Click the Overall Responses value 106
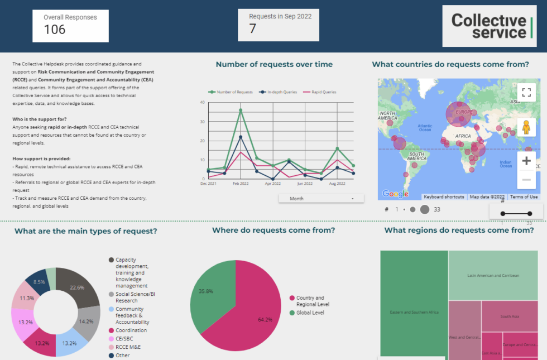pyautogui.click(x=55, y=30)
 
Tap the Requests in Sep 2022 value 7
pyautogui.click(x=253, y=28)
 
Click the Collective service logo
pyautogui.click(x=489, y=26)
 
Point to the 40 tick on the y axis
pyautogui.click(x=202, y=103)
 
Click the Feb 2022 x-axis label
pyautogui.click(x=241, y=183)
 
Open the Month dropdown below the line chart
pyautogui.click(x=321, y=198)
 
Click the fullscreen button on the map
pyautogui.click(x=525, y=92)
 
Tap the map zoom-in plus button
pyautogui.click(x=526, y=161)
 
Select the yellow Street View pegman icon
pyautogui.click(x=525, y=128)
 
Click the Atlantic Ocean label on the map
pyautogui.click(x=425, y=128)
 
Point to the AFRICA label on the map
pyautogui.click(x=463, y=136)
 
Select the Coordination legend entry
pyautogui.click(x=131, y=330)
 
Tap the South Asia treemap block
pyautogui.click(x=509, y=316)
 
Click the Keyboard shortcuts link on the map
pyautogui.click(x=444, y=197)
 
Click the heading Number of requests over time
pyautogui.click(x=274, y=65)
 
